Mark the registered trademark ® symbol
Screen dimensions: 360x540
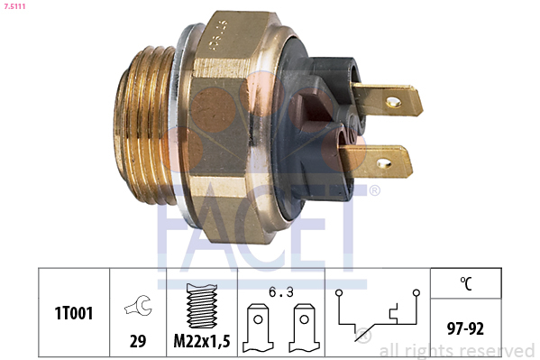[x=374, y=191]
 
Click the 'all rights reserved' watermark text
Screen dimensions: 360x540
[x=457, y=350]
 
